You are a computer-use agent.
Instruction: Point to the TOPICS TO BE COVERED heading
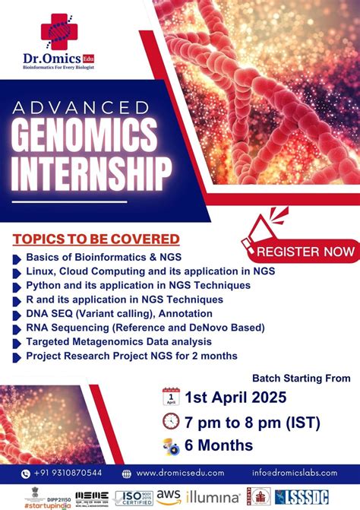coord(96,239)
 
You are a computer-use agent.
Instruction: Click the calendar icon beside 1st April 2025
coord(172,397)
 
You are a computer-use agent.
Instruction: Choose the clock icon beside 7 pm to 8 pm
coord(172,422)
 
